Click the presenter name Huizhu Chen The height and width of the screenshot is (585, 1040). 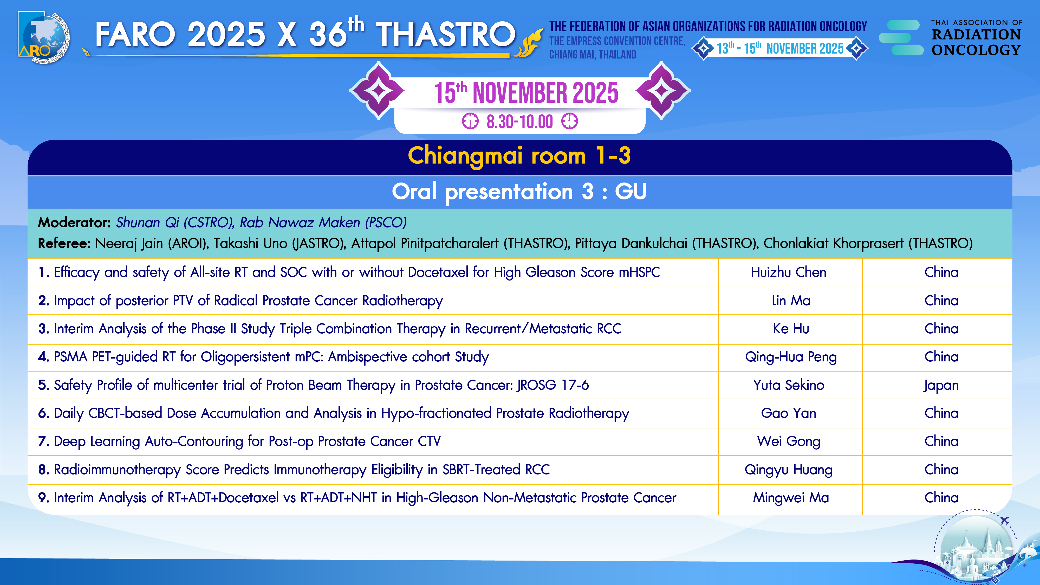[x=789, y=272]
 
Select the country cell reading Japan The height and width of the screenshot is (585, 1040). [x=941, y=386]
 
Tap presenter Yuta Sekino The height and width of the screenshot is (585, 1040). [x=789, y=385]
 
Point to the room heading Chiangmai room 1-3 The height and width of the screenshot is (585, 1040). [x=519, y=156]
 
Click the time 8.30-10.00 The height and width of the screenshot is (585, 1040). [x=519, y=121]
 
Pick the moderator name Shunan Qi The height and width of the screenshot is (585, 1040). [x=147, y=223]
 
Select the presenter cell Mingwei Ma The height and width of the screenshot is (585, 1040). [x=790, y=498]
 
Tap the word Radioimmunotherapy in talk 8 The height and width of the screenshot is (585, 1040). [x=117, y=470]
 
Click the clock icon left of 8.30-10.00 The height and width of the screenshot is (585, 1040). [x=470, y=121]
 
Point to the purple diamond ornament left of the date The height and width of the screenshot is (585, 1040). [x=378, y=90]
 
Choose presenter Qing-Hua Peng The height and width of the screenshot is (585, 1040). [x=790, y=357]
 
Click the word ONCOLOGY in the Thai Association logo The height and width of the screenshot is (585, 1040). [x=976, y=50]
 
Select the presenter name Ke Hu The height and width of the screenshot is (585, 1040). [x=790, y=329]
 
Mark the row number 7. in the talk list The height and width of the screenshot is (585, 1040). [x=44, y=441]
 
